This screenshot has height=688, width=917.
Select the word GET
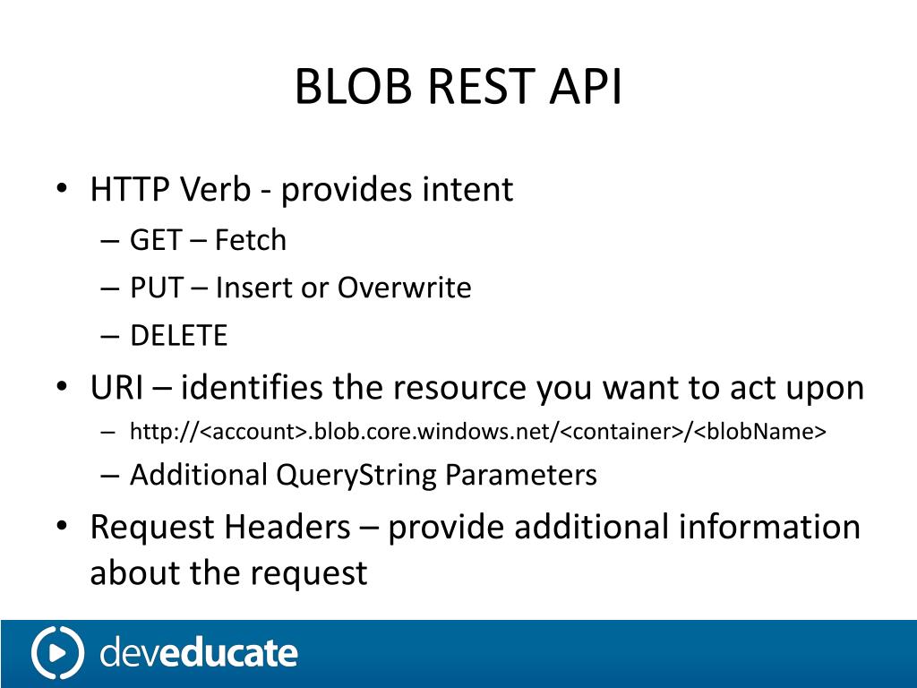158,240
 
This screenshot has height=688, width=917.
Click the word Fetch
251,240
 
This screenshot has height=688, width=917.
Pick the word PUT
157,288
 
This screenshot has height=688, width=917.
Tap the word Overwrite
404,288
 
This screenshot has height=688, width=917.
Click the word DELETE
179,336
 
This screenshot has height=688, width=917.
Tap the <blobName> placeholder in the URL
760,433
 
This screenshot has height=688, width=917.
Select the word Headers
287,527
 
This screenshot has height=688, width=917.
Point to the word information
769,527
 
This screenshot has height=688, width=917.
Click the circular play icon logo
57,653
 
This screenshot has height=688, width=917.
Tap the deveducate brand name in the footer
198,653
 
